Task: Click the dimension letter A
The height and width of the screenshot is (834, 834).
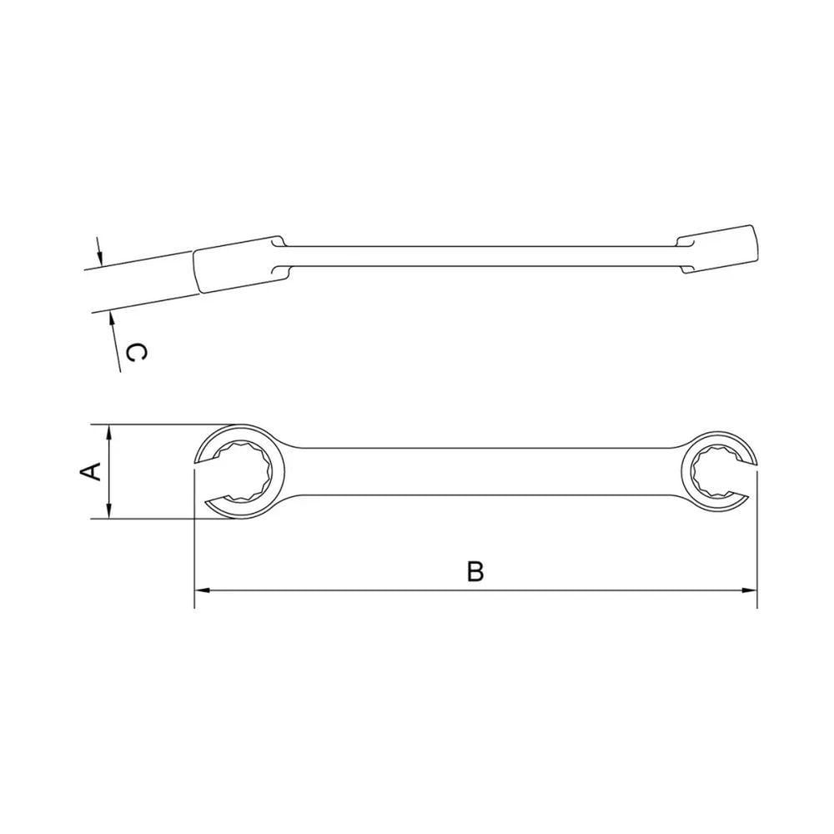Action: pos(91,471)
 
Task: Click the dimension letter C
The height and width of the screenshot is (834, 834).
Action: pos(134,353)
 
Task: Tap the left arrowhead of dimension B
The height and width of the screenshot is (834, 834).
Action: pos(202,590)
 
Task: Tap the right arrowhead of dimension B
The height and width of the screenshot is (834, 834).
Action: pos(750,590)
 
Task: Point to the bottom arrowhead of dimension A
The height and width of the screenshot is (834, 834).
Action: pos(109,511)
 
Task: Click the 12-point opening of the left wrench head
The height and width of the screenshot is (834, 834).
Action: pos(242,470)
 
